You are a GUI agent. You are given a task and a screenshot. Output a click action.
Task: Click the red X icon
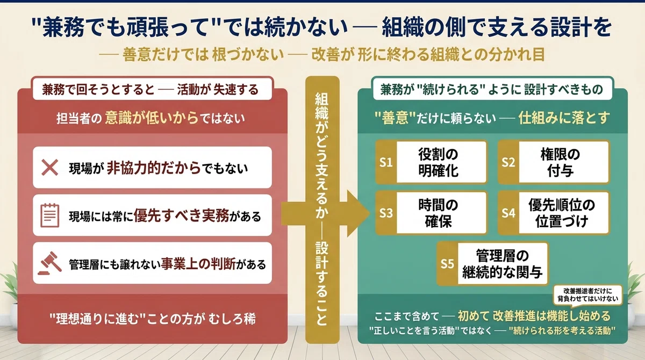pyautogui.click(x=50, y=168)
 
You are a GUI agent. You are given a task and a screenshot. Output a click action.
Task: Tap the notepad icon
pyautogui.click(x=50, y=215)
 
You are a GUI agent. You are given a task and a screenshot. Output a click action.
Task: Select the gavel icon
pyautogui.click(x=50, y=263)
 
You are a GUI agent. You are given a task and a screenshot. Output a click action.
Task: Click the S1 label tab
pyautogui.click(x=386, y=162)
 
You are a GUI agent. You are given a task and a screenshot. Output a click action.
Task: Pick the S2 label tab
pyautogui.click(x=508, y=162)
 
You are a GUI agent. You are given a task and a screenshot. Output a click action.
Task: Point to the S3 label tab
pyautogui.click(x=386, y=213)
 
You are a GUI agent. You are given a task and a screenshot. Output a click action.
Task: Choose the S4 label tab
pyautogui.click(x=508, y=213)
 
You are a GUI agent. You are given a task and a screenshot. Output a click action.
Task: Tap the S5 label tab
pyautogui.click(x=447, y=264)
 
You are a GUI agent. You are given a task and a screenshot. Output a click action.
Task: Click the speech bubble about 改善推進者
pyautogui.click(x=587, y=295)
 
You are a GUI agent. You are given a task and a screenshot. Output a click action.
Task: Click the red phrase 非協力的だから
pyautogui.click(x=154, y=168)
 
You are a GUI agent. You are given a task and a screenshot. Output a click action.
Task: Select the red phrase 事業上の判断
pyautogui.click(x=198, y=264)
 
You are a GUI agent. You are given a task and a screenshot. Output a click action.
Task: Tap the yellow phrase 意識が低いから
pyautogui.click(x=152, y=118)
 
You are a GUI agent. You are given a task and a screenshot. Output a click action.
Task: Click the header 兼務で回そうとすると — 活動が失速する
pyautogui.click(x=150, y=90)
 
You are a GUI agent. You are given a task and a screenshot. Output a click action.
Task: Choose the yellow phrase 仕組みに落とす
pyautogui.click(x=564, y=118)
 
